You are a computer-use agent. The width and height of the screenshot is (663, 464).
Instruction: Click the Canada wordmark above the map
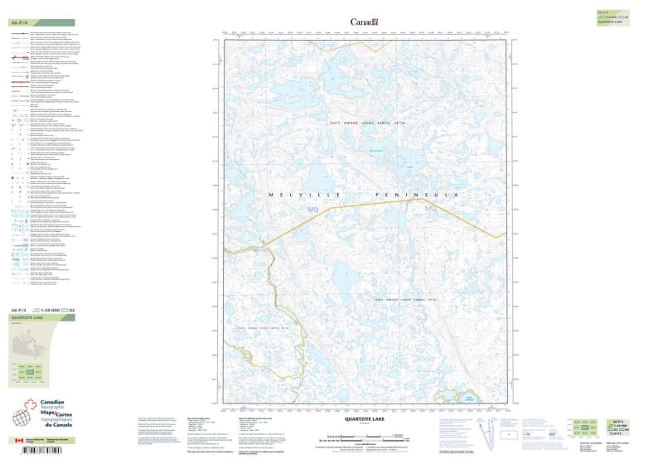coord(364,22)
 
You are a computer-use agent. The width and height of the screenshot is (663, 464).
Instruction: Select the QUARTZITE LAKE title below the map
coord(364,420)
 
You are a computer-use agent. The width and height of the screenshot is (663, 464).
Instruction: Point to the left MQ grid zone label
coord(312,212)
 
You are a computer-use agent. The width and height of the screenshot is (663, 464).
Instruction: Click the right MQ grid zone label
coord(430,212)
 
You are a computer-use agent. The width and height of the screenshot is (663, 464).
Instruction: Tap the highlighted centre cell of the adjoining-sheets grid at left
coord(31,374)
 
